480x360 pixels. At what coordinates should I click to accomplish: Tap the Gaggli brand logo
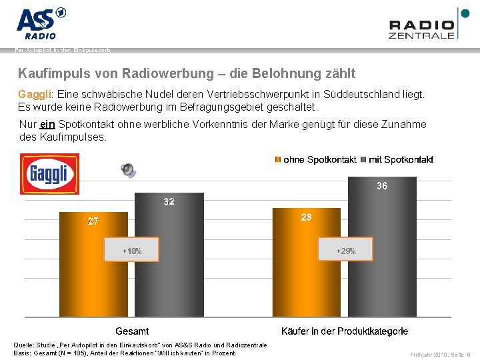(49, 174)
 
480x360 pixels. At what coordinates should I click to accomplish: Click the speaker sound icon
(127, 170)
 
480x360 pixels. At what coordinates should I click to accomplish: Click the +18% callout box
(131, 251)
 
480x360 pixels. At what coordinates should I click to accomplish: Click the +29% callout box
(345, 251)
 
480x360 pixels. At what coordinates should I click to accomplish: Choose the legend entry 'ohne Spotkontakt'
(315, 159)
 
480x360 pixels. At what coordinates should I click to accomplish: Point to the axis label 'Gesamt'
(132, 331)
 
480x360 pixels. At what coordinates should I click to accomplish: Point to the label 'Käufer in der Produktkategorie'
(345, 331)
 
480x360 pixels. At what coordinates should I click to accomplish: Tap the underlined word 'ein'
(47, 125)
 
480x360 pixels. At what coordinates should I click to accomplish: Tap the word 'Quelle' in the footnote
(25, 344)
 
